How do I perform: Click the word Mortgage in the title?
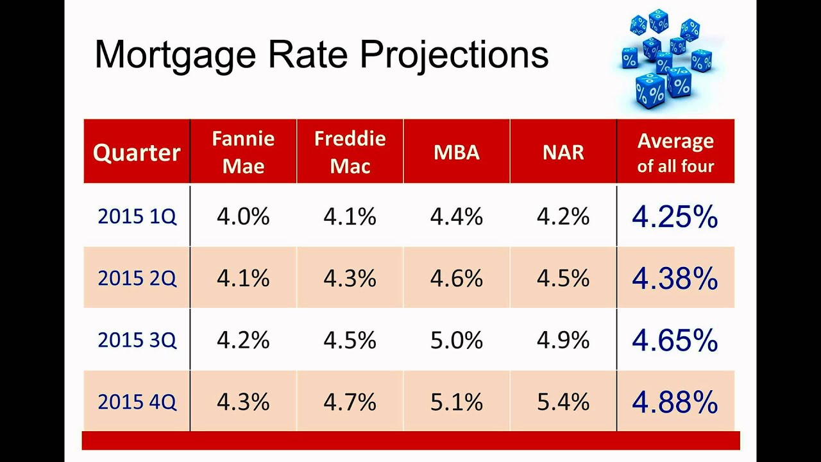(175, 55)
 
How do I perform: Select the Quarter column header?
(137, 153)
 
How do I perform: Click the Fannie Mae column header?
(243, 153)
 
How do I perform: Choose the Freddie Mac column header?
(350, 153)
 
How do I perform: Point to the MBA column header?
(457, 153)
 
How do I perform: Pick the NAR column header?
(563, 153)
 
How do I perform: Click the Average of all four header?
(675, 153)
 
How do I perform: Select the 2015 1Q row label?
(137, 217)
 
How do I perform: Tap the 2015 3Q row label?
(137, 340)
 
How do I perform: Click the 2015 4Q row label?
(137, 402)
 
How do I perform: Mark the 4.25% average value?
(675, 218)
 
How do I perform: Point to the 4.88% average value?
(675, 402)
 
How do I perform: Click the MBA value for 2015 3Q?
(457, 341)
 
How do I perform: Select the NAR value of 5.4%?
(563, 402)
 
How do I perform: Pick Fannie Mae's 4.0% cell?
(243, 217)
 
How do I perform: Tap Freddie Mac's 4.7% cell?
(350, 402)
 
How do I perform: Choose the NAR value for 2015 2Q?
(563, 278)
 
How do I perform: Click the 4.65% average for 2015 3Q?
(675, 341)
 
